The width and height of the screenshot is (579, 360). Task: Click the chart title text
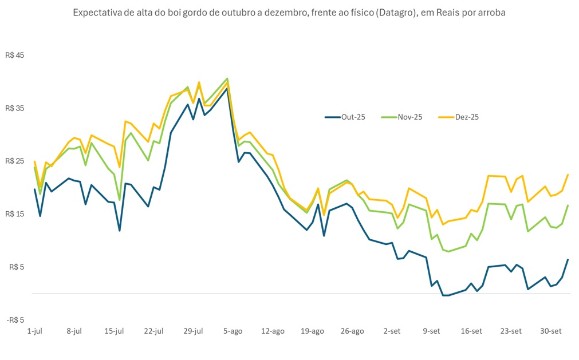point(289,13)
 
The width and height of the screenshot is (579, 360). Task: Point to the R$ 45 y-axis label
point(15,56)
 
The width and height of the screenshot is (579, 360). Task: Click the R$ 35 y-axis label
point(15,108)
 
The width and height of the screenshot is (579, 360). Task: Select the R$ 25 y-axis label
point(15,161)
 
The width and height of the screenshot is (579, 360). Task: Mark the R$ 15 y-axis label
point(15,214)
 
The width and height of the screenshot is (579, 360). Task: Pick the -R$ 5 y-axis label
point(15,320)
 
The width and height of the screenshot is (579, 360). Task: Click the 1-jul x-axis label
point(34,331)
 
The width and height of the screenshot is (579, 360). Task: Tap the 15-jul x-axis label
point(114,331)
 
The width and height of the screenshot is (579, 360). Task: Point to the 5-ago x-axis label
point(233,331)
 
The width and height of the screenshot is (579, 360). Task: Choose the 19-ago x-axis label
point(313,331)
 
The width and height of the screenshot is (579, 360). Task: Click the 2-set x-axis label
point(392,331)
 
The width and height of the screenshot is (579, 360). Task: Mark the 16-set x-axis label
point(471,331)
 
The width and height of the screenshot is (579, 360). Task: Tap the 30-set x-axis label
point(551,331)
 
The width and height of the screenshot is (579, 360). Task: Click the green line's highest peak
point(227,78)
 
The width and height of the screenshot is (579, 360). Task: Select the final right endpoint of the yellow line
point(568,175)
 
